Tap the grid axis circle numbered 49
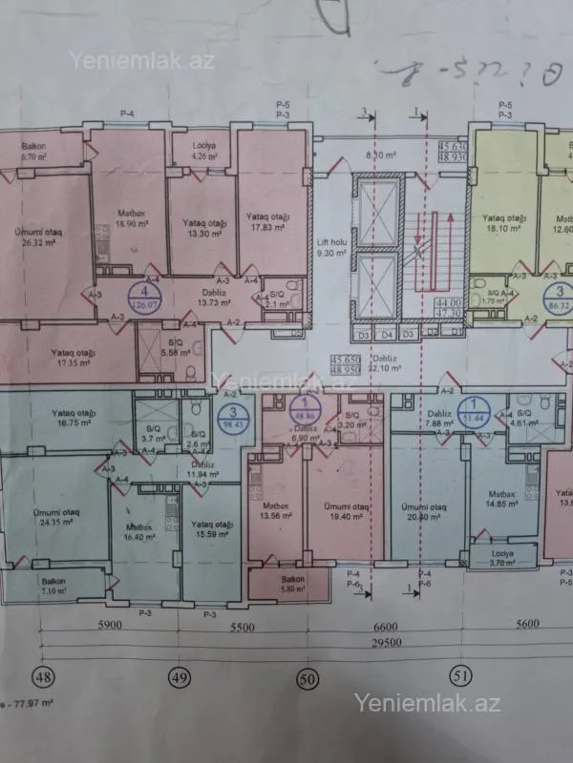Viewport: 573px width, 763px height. [x=179, y=677]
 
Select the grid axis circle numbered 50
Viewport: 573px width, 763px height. [x=307, y=678]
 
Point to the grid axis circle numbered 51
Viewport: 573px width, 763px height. [x=461, y=676]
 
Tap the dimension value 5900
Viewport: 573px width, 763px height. [x=109, y=629]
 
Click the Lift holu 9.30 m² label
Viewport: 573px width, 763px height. [x=329, y=248]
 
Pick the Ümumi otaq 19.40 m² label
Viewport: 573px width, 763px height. [x=344, y=511]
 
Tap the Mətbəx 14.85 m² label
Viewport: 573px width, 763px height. [x=501, y=499]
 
